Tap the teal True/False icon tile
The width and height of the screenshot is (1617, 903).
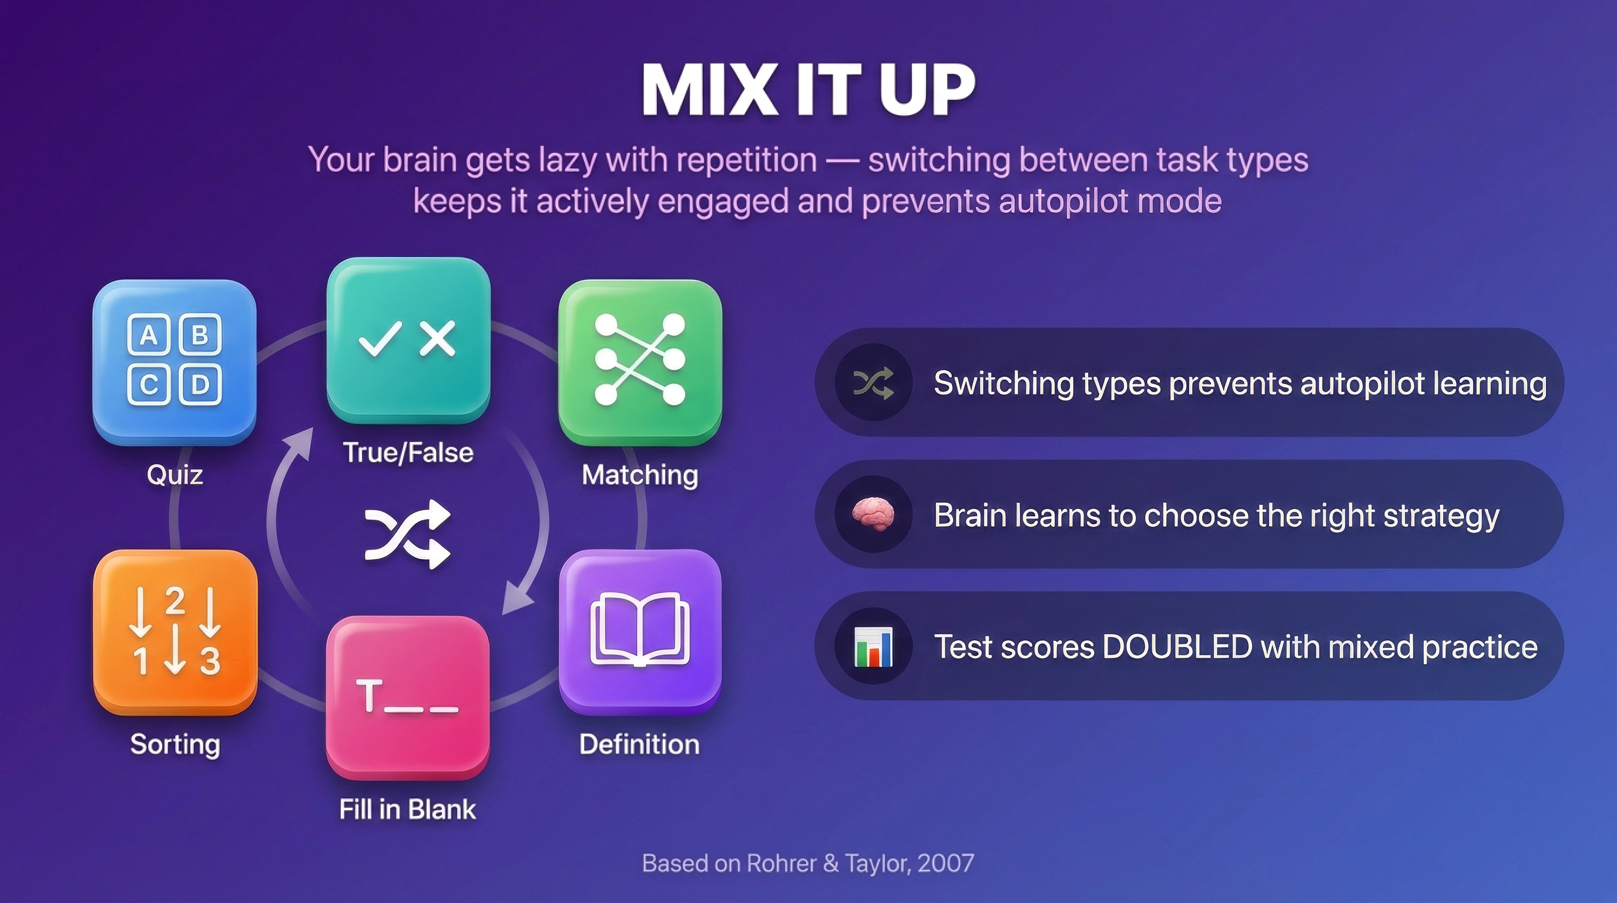[408, 340]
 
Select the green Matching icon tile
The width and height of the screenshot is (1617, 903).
[640, 361]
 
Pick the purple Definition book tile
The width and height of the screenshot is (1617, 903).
[640, 630]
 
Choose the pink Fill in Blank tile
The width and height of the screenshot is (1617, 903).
[408, 697]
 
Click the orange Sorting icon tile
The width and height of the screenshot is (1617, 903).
[175, 631]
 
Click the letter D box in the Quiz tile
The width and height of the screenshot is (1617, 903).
[200, 384]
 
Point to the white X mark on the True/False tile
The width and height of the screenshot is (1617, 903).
[438, 339]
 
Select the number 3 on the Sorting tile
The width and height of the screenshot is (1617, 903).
[210, 661]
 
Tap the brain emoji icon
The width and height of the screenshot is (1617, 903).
[873, 514]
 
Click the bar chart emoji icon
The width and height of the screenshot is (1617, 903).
[873, 646]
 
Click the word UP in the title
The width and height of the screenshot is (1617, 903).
[927, 91]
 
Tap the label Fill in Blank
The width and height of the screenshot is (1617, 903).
[407, 809]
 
